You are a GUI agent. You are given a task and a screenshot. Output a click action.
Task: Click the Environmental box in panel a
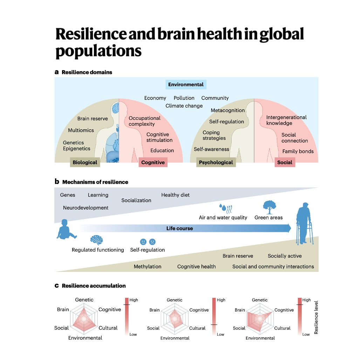tap(186, 84)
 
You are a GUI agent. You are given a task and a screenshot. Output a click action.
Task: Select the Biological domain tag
tap(85, 163)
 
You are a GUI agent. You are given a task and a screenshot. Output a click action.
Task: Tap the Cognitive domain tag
tap(153, 163)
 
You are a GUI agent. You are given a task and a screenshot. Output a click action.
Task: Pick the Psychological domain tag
tap(216, 163)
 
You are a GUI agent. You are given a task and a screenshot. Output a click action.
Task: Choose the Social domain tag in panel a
tap(285, 163)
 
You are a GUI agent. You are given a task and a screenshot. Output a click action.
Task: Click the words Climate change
tap(184, 106)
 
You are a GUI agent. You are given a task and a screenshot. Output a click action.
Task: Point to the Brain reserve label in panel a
tap(93, 119)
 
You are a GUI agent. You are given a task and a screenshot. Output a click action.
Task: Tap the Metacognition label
tap(228, 110)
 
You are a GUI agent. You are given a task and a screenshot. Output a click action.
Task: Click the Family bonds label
tap(298, 151)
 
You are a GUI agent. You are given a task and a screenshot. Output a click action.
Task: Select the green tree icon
tap(269, 207)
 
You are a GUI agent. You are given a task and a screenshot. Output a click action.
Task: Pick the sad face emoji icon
tap(152, 241)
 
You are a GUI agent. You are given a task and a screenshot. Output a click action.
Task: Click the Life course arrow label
tap(179, 228)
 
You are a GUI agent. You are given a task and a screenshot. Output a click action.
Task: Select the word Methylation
tap(148, 267)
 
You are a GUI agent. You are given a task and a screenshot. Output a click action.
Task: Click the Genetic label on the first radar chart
tap(84, 300)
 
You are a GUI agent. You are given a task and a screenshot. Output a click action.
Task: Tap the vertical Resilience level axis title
tap(316, 317)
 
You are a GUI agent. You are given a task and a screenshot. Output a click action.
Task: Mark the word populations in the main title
tap(98, 51)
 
